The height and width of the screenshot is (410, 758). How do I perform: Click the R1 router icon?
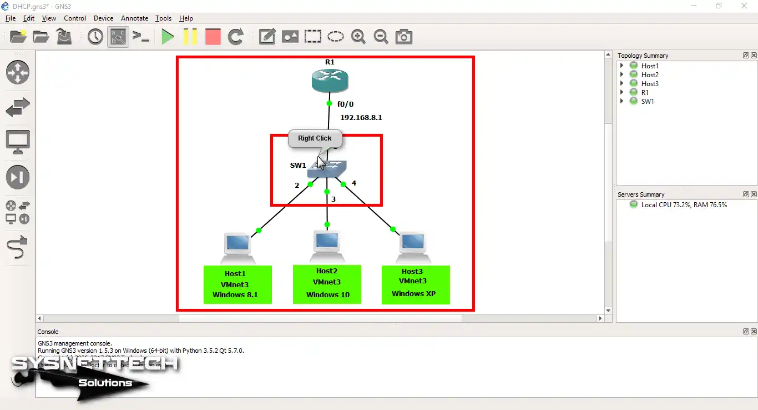pos(330,81)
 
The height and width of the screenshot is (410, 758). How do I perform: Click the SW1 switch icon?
pos(327,169)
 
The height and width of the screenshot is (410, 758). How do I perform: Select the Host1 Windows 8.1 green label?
pos(237,284)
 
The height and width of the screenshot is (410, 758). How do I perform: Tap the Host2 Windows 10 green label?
pos(327,284)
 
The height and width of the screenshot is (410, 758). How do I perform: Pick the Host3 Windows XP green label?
pos(415,284)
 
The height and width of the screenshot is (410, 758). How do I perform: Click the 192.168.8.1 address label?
pos(361,118)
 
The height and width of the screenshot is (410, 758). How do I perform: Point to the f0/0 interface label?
pos(345,104)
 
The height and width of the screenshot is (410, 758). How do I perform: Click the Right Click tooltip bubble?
pos(315,138)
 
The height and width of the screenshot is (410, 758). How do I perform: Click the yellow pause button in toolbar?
pos(190,37)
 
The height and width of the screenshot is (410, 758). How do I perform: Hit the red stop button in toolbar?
pos(213,37)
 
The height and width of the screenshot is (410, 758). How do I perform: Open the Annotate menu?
pos(134,18)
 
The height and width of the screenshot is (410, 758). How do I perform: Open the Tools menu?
pos(163,18)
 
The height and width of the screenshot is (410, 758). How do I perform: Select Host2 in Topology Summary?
pos(649,75)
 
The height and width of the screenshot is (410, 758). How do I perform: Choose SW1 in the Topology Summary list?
pos(647,102)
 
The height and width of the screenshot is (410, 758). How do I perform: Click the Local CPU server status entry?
pos(684,205)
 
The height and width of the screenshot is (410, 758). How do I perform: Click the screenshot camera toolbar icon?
pos(403,37)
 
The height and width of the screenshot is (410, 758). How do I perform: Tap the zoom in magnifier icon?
pos(358,37)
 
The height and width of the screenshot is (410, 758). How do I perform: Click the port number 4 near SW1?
pos(353,183)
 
